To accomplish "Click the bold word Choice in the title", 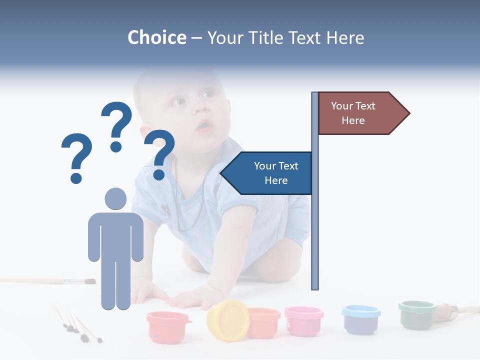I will click(156, 38).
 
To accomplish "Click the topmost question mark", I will click(117, 125).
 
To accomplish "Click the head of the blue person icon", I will click(115, 198).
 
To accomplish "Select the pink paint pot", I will click(303, 320).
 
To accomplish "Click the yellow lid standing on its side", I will click(227, 320).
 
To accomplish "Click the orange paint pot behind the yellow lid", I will click(264, 322).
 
